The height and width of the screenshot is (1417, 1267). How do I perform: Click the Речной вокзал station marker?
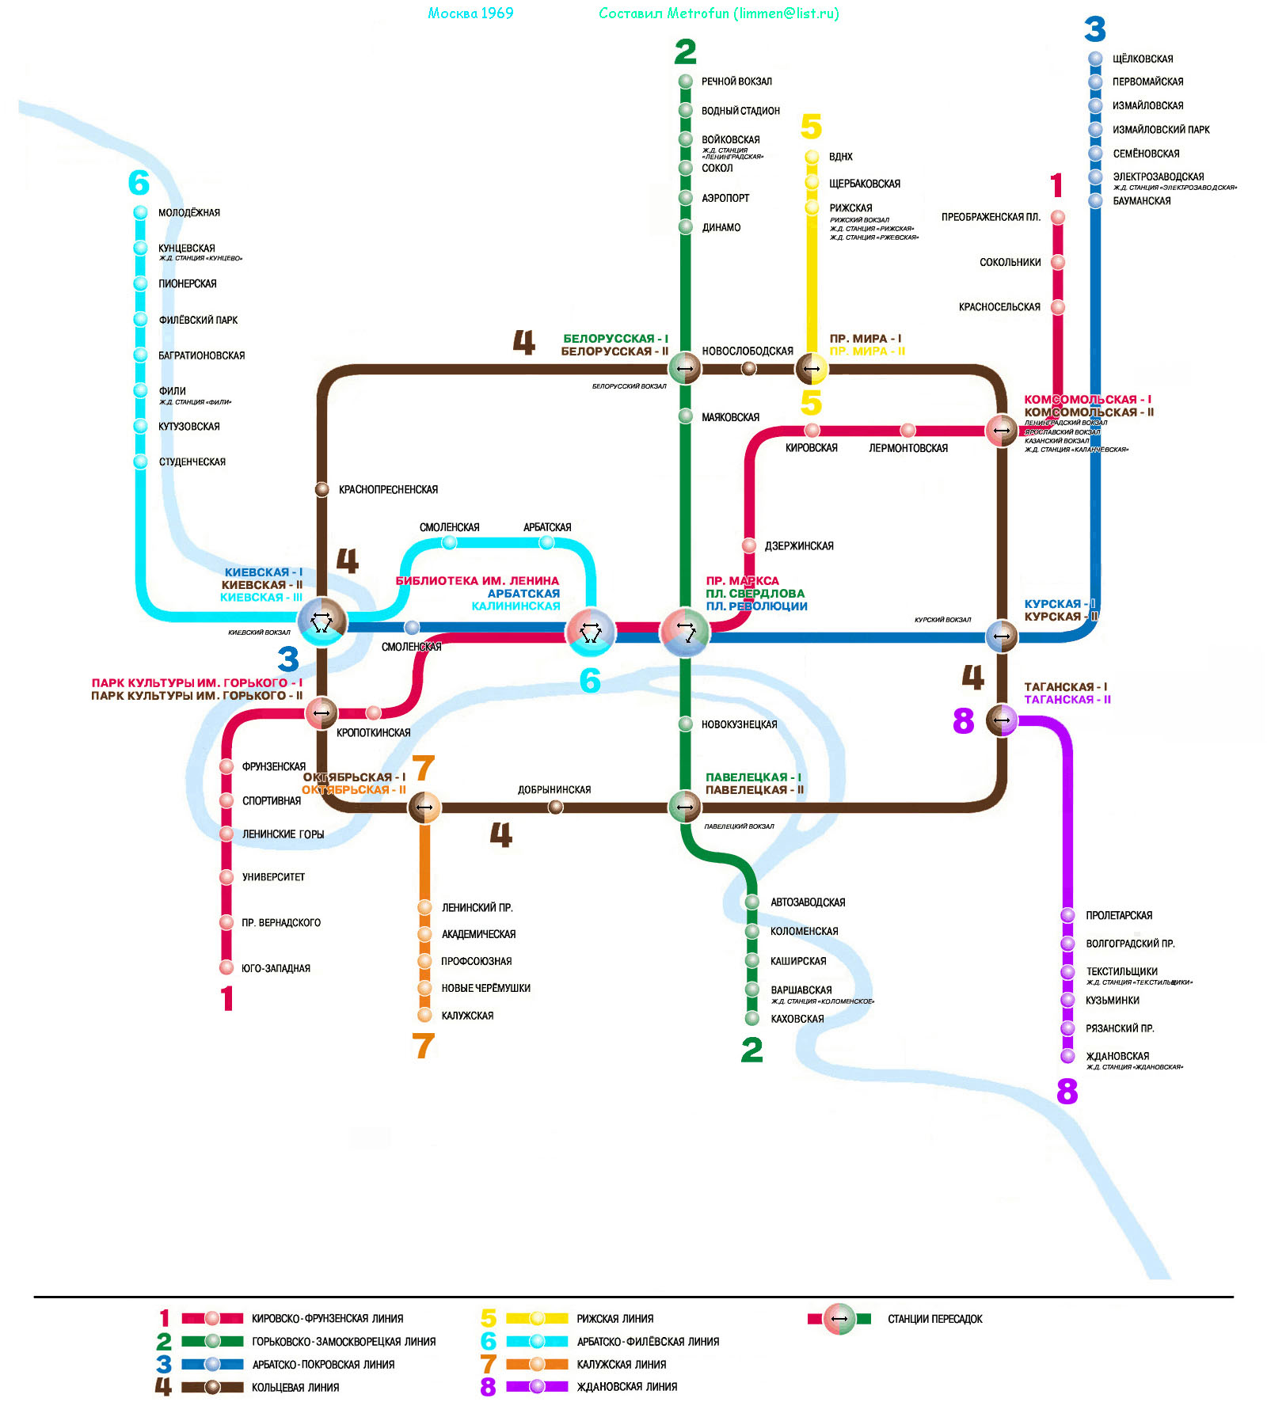pyautogui.click(x=686, y=82)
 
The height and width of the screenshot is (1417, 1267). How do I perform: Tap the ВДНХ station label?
pyautogui.click(x=840, y=157)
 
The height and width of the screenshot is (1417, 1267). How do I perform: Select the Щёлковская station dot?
pyautogui.click(x=1095, y=59)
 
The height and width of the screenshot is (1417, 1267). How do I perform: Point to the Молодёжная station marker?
pyautogui.click(x=140, y=212)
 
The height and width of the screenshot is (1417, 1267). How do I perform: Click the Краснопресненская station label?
pyautogui.click(x=388, y=490)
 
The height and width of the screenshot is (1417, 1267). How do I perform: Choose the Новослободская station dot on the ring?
pyautogui.click(x=748, y=368)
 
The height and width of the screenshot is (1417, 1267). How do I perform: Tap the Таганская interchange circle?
pyautogui.click(x=1002, y=720)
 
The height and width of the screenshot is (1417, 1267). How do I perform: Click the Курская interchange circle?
pyautogui.click(x=1002, y=636)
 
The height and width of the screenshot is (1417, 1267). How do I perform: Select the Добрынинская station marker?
pyautogui.click(x=556, y=807)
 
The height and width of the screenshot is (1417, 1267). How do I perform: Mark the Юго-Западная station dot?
pyautogui.click(x=226, y=967)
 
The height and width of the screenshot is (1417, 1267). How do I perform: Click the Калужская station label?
pyautogui.click(x=467, y=1016)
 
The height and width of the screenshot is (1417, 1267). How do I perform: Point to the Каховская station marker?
pyautogui.click(x=752, y=1019)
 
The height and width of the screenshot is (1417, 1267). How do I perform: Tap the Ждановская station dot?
pyautogui.click(x=1067, y=1056)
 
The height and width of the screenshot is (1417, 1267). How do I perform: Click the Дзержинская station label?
pyautogui.click(x=798, y=546)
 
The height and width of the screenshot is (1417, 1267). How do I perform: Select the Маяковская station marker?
pyautogui.click(x=686, y=416)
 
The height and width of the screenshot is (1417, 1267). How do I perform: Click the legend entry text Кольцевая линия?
pyautogui.click(x=295, y=1388)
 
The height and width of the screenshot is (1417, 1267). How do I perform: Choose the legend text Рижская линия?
pyautogui.click(x=615, y=1319)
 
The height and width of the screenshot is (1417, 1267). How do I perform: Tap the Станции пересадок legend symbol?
pyautogui.click(x=839, y=1319)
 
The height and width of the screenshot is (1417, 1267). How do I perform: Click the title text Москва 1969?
pyautogui.click(x=470, y=13)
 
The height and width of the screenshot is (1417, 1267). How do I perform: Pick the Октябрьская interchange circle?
pyautogui.click(x=424, y=807)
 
